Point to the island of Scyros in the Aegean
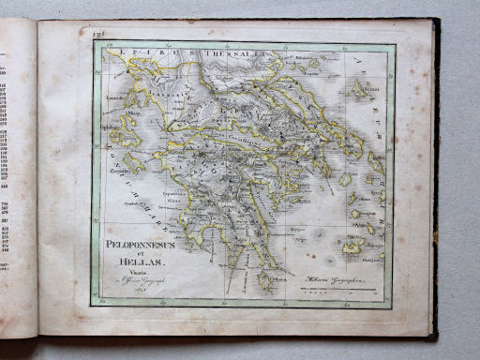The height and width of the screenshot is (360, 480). click(x=360, y=89)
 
